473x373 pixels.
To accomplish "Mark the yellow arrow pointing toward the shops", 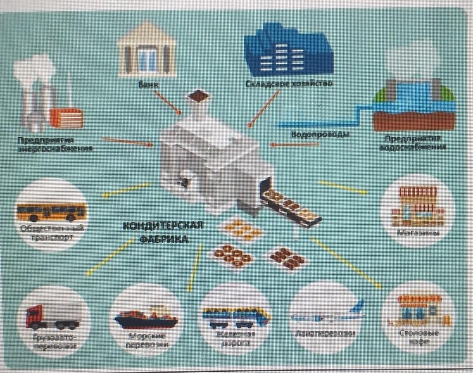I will pos(342,187).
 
